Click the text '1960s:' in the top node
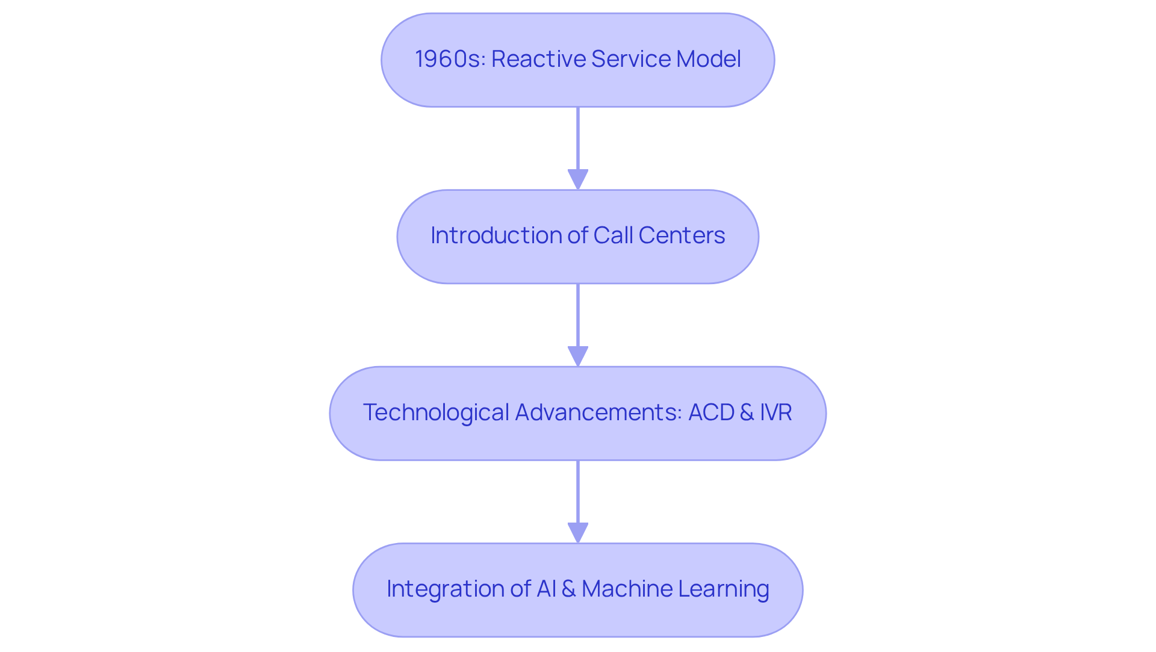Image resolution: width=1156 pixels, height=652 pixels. (450, 59)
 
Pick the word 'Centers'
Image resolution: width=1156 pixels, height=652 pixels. (682, 235)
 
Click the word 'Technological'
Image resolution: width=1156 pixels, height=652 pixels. (436, 412)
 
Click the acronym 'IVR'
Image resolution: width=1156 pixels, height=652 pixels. (775, 412)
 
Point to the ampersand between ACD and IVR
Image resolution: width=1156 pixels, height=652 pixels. (747, 412)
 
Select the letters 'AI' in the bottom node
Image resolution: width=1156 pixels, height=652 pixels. (546, 589)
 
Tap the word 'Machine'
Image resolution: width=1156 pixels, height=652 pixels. (627, 589)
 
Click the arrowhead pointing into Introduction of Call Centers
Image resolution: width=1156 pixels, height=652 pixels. (578, 179)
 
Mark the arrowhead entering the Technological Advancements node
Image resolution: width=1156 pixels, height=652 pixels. (578, 356)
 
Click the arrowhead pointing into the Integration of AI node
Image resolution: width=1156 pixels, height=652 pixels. (578, 533)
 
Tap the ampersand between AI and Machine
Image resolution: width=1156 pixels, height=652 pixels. (568, 589)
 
